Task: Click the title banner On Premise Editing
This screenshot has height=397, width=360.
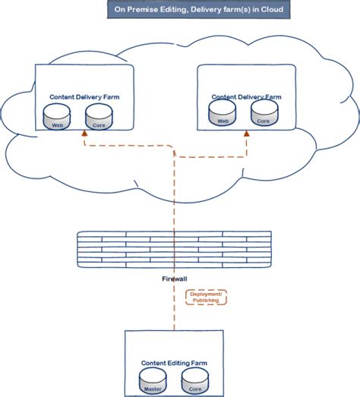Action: point(196,9)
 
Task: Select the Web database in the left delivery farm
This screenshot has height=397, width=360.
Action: point(56,117)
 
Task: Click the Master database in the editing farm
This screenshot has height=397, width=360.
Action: point(153,383)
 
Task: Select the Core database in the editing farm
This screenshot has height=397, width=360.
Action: point(195,383)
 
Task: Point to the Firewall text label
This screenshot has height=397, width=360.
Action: point(175,279)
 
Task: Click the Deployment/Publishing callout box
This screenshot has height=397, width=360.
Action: point(207,296)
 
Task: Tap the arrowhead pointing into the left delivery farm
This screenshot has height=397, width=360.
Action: point(84,134)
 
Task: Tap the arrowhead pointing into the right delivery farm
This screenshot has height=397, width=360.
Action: point(246,134)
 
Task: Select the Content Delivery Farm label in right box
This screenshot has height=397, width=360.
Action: point(247,97)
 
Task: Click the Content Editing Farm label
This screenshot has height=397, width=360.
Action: point(175,363)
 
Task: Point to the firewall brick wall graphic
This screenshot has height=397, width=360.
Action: point(175,248)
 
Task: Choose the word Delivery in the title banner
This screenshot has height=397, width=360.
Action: point(208,9)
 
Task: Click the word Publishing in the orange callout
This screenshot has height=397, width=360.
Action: point(207,301)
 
